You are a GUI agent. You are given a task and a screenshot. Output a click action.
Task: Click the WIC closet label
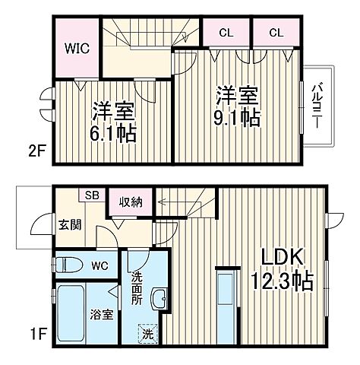pyautogui.click(x=77, y=49)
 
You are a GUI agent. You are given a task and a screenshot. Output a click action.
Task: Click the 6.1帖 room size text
pyautogui.click(x=115, y=133)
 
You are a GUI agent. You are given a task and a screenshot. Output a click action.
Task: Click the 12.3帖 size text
pyautogui.click(x=282, y=281)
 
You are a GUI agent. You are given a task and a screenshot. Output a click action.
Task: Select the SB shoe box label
pyautogui.click(x=90, y=195)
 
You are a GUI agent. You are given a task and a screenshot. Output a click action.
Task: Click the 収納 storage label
pyautogui.click(x=131, y=202)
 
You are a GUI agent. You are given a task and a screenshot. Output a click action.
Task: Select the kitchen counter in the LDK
pyautogui.click(x=226, y=300)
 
